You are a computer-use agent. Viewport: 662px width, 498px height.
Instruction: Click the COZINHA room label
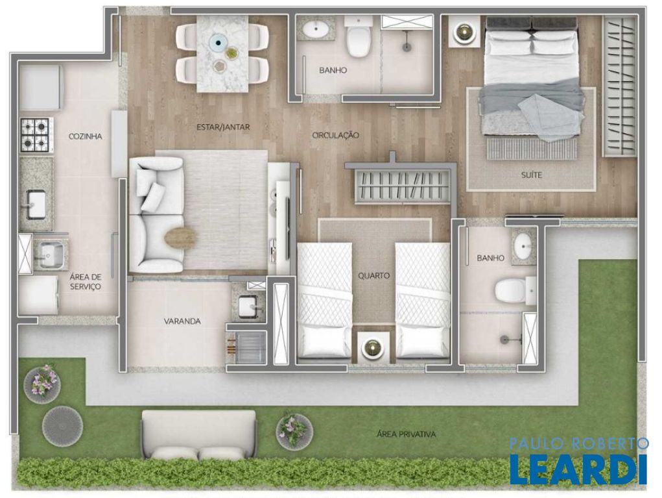click(x=86, y=136)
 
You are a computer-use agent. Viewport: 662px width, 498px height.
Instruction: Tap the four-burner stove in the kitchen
click(x=36, y=135)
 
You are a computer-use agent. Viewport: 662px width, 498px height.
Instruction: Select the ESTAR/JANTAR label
click(x=223, y=127)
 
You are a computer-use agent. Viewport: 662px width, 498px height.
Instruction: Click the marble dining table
click(x=222, y=54)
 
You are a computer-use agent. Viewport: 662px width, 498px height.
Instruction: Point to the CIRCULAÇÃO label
click(x=336, y=135)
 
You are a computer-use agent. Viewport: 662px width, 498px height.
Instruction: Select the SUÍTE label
click(x=532, y=175)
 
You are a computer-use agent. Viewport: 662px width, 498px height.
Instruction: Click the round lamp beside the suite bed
click(x=464, y=32)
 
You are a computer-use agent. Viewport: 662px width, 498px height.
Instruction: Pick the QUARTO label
click(x=373, y=276)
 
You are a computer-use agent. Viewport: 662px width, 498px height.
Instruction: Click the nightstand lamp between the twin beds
click(x=373, y=347)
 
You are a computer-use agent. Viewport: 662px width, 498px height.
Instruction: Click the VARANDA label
click(x=182, y=321)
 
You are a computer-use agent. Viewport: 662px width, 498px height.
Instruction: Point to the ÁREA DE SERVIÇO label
click(x=86, y=282)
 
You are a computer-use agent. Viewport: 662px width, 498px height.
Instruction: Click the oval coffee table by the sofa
click(x=181, y=239)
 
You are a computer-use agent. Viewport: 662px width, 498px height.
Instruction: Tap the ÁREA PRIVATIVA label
click(x=406, y=434)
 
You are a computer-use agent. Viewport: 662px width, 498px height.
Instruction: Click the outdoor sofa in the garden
click(x=199, y=435)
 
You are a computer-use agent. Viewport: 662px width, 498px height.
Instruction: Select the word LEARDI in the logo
click(x=578, y=469)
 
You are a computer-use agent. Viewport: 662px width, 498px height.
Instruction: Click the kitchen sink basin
click(x=36, y=205)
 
